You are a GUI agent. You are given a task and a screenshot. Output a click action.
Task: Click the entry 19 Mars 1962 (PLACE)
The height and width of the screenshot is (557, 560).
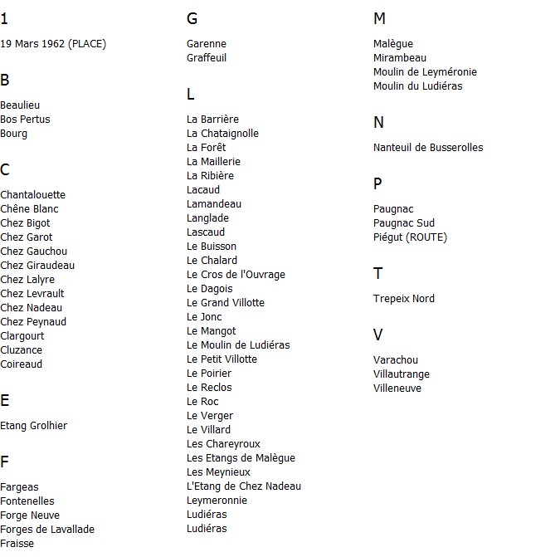53,44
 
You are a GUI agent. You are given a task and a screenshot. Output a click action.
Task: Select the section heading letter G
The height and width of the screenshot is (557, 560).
192,19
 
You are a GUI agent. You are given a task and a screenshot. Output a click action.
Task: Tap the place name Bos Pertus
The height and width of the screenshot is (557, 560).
25,120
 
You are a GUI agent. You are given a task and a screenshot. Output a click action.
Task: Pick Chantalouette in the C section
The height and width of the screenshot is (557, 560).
33,195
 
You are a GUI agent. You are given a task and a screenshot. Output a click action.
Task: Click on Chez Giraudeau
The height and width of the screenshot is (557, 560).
37,266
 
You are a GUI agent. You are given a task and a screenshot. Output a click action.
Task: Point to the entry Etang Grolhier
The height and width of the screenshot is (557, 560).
34,426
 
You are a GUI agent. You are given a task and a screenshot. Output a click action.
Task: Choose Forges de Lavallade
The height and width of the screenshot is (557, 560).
47,530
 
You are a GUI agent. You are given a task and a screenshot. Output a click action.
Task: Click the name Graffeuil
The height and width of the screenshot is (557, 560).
207,58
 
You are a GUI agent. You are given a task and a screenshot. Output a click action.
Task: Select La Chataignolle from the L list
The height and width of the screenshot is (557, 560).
223,134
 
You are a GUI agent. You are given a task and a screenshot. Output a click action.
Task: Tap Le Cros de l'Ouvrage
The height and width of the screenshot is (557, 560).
236,275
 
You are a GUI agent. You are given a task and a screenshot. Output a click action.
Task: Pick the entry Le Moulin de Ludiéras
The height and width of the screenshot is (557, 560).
238,345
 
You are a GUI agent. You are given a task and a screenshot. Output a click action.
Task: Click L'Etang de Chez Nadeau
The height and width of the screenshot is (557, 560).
244,486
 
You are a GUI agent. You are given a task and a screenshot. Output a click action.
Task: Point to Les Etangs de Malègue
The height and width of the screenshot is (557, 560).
241,458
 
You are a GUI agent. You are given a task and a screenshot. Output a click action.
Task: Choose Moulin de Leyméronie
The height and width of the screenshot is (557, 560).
425,72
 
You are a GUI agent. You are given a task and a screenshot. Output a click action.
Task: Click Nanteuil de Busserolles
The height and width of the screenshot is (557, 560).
428,148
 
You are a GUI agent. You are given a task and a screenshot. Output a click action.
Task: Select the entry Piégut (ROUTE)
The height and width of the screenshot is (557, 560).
410,237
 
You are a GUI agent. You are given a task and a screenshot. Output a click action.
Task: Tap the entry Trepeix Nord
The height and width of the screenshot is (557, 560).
404,299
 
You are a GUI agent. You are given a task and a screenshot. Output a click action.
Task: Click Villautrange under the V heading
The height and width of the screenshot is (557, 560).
402,374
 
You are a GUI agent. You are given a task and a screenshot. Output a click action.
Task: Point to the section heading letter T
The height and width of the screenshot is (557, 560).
378,274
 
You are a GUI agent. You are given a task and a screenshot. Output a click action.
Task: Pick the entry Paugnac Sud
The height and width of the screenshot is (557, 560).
404,223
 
